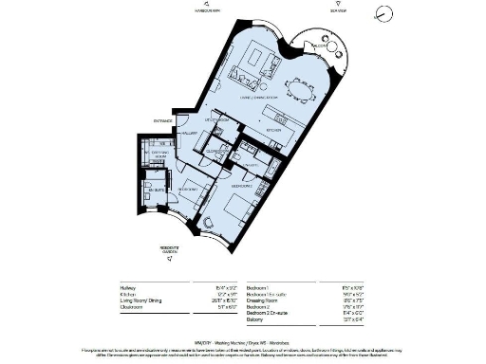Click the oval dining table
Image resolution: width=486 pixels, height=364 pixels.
[x=302, y=90]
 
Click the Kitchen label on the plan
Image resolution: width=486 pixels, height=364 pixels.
[x=273, y=130]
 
